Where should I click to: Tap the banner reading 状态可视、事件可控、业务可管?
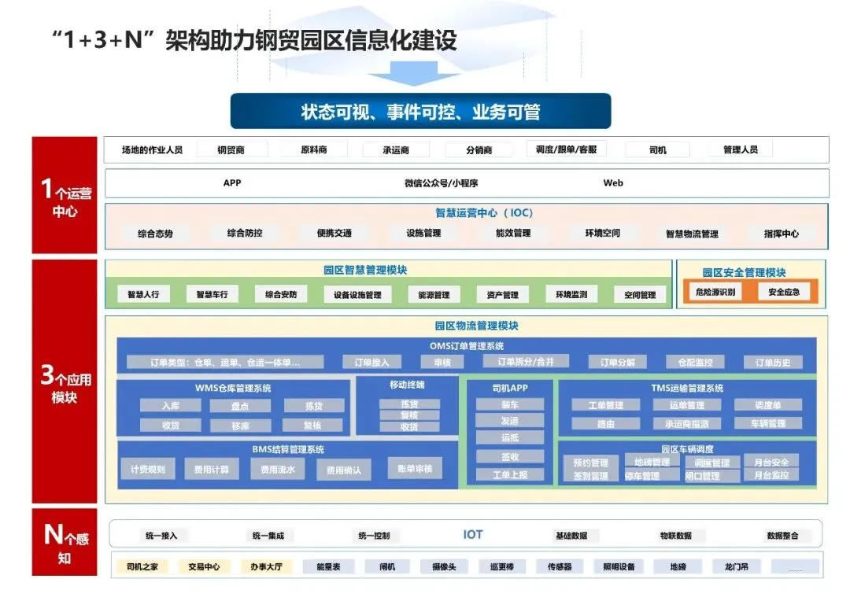(x=420, y=112)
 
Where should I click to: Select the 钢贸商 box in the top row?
(x=231, y=149)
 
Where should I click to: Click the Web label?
(x=613, y=183)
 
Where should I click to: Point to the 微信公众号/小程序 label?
(x=441, y=183)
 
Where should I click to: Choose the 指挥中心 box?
(x=781, y=234)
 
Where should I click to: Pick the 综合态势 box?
(x=155, y=234)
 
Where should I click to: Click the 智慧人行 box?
(x=143, y=295)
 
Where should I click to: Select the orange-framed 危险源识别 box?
(x=715, y=292)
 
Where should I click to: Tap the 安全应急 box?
(x=783, y=292)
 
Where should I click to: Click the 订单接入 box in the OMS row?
(x=371, y=363)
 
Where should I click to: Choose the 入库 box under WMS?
(x=171, y=406)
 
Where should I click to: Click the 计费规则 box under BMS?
(x=148, y=470)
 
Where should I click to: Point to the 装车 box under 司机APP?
(x=509, y=404)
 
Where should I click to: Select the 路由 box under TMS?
(x=605, y=423)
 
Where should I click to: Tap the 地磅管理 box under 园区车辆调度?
(x=652, y=462)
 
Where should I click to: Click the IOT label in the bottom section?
(x=472, y=535)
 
